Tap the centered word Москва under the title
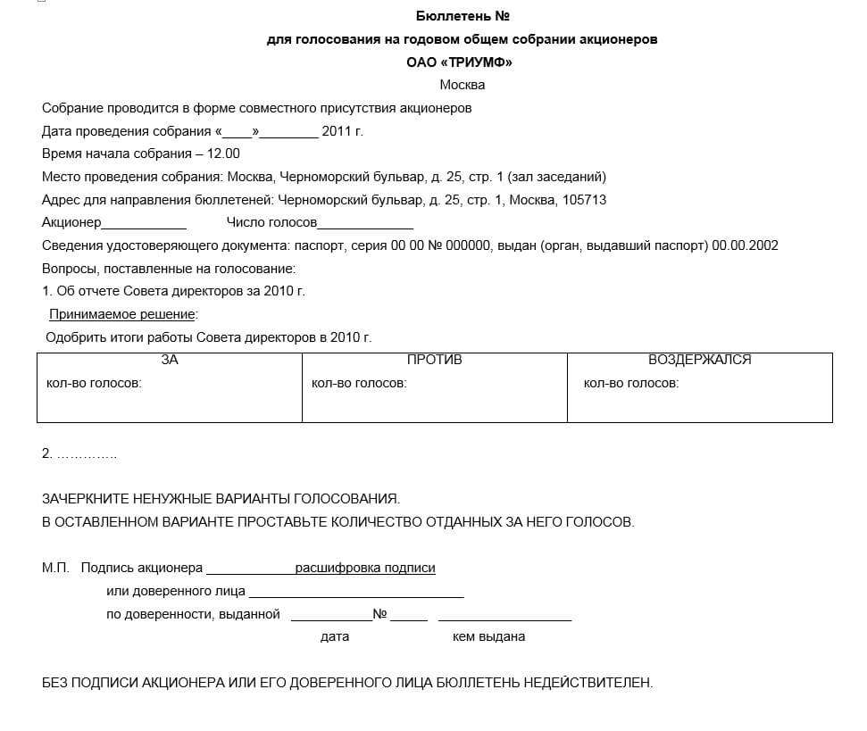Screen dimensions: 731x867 pos(463,85)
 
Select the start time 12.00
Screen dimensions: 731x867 pos(223,154)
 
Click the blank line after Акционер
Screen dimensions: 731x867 pos(144,223)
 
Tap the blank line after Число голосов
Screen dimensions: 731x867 pos(365,223)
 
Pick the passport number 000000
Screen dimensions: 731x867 pos(469,245)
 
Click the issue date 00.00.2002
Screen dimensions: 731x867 pos(745,245)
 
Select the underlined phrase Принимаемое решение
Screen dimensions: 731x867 pos(122,314)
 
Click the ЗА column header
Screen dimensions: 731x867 pos(170,360)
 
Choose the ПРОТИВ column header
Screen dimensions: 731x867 pos(435,360)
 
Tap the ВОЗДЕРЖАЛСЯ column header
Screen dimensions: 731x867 pos(700,360)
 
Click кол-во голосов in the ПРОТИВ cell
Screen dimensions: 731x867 pos(359,383)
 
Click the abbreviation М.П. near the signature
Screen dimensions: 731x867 pos(55,568)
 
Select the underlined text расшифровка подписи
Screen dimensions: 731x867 pos(365,568)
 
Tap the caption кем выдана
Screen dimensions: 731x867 pos(489,636)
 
